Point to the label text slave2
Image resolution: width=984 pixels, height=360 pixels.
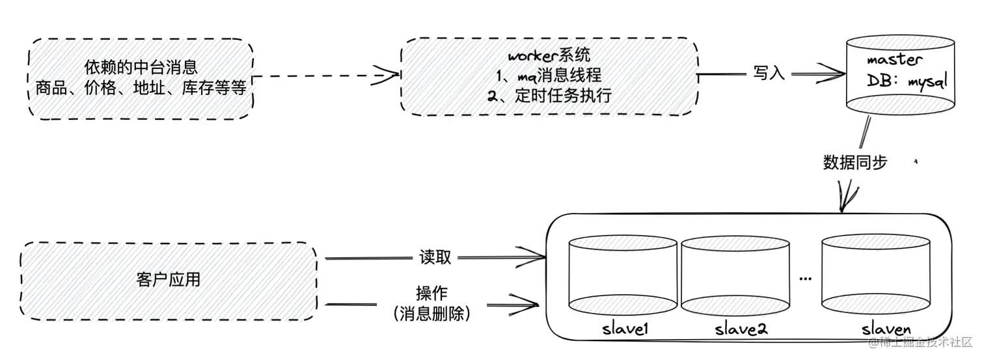click(741, 329)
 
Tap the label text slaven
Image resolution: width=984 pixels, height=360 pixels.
click(886, 328)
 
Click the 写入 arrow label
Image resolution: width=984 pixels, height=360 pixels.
click(769, 73)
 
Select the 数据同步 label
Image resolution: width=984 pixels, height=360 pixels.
click(854, 162)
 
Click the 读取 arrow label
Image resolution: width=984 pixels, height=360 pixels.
click(435, 257)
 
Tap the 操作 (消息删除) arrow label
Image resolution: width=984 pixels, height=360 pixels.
click(432, 303)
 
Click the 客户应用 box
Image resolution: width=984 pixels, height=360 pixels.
click(169, 281)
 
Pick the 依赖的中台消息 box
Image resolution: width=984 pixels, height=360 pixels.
click(141, 78)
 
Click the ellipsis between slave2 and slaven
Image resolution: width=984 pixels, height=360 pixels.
click(805, 279)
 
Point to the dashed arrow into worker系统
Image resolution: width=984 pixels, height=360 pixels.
click(325, 76)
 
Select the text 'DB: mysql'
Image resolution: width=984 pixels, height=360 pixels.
click(906, 82)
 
